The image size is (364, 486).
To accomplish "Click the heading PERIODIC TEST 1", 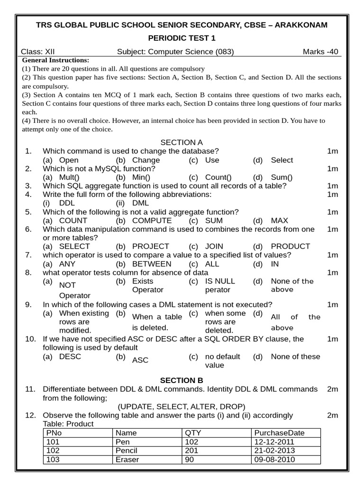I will tap(182, 38).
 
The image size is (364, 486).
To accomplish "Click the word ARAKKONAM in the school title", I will tap(301, 25).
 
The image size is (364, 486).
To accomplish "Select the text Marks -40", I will tap(320, 52).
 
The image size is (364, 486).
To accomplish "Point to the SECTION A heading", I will tap(182, 142).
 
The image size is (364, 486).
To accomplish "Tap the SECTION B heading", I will tap(182, 380).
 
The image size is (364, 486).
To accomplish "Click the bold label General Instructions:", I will tap(55, 60).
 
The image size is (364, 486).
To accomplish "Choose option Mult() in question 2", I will tap(69, 178).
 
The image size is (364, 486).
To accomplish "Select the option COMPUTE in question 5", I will tap(152, 221).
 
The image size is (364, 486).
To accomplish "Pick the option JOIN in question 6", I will tap(215, 246).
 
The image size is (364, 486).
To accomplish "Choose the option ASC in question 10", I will tap(140, 360).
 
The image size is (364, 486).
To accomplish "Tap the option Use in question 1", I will tap(212, 160).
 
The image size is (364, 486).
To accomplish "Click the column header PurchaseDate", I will tap(280, 433).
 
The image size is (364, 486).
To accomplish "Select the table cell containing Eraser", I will tap(127, 460).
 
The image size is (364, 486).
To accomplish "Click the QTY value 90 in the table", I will tap(190, 460).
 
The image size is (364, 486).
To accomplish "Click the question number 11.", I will tap(30, 389).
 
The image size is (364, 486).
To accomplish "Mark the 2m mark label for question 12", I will tap(333, 415).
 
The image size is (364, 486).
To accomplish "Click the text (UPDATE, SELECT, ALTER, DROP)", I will tap(182, 407).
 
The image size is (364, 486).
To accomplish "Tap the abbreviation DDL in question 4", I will tap(67, 203).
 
